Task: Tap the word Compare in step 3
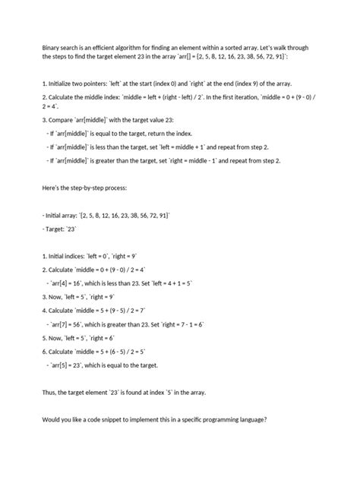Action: pyautogui.click(x=45, y=119)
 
